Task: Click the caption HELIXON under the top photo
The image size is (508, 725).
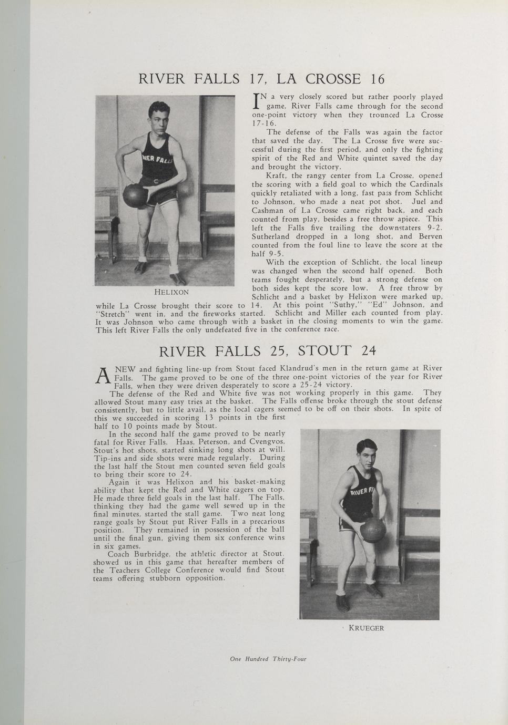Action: pyautogui.click(x=171, y=292)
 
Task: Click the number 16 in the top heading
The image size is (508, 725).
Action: pyautogui.click(x=377, y=79)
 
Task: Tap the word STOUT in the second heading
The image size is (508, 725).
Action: pyautogui.click(x=324, y=351)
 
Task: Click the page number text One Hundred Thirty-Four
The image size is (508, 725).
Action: pyautogui.click(x=268, y=659)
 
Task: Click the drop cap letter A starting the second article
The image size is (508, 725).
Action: pyautogui.click(x=103, y=374)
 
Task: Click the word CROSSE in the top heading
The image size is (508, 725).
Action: pyautogui.click(x=333, y=79)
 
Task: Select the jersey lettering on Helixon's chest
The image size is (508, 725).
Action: pyautogui.click(x=157, y=158)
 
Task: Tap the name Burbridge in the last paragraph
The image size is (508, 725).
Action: pyautogui.click(x=153, y=554)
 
